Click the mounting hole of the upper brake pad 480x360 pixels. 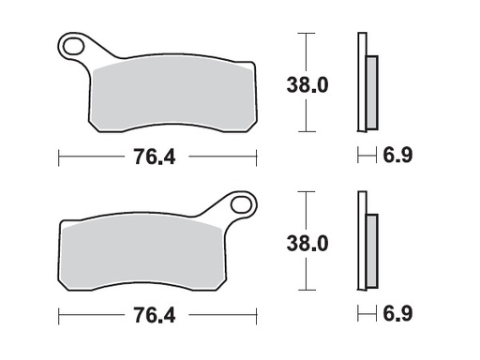(71, 43)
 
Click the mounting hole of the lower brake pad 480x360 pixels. (239, 203)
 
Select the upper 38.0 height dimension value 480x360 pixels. (307, 85)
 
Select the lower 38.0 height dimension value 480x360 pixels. (307, 244)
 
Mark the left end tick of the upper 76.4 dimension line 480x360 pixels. (58, 155)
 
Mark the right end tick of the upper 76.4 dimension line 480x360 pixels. (257, 155)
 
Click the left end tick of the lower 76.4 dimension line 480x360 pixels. (58, 313)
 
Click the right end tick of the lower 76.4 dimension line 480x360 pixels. (257, 313)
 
